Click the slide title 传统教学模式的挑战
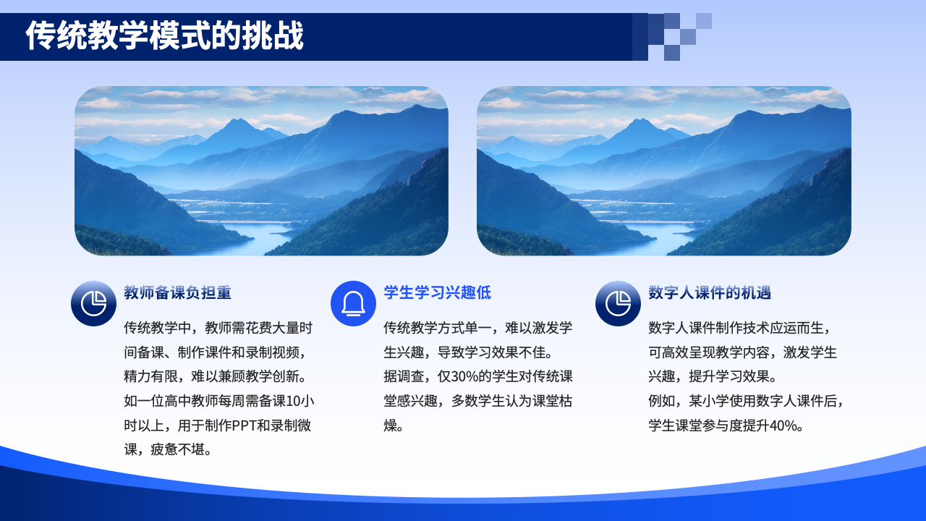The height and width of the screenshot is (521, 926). [x=164, y=36]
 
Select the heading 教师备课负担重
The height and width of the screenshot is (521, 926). [x=177, y=292]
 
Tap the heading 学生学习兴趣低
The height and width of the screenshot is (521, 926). [x=438, y=292]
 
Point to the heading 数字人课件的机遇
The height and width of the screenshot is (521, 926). [x=710, y=292]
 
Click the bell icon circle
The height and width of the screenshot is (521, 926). [x=353, y=303]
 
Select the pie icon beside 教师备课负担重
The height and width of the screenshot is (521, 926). [x=93, y=303]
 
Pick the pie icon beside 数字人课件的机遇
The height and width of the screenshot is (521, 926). [x=618, y=303]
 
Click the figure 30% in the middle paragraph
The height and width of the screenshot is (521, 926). [x=464, y=376]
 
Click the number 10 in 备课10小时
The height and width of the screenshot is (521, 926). [x=292, y=401]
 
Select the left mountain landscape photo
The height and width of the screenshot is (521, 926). [x=261, y=171]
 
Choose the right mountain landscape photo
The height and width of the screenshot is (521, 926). [x=664, y=171]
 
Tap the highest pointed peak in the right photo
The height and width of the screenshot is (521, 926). [x=640, y=120]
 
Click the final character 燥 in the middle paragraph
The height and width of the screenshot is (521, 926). [x=390, y=425]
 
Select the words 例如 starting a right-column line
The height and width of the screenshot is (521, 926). [x=661, y=401]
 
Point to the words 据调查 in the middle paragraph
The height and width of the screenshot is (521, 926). [x=404, y=376]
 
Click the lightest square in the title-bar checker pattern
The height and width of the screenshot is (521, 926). [x=704, y=21]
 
